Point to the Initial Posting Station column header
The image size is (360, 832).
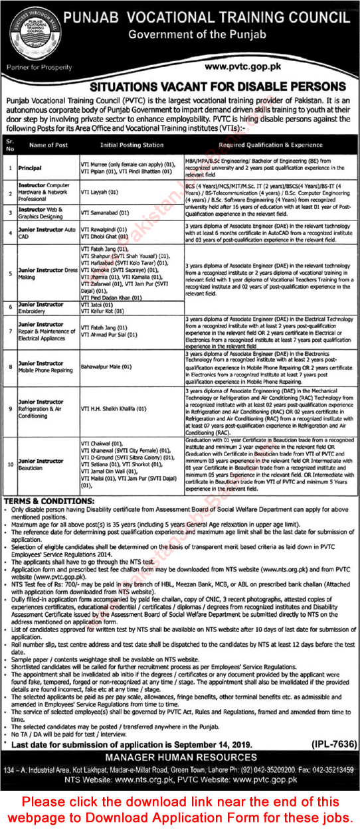click(x=131, y=144)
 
